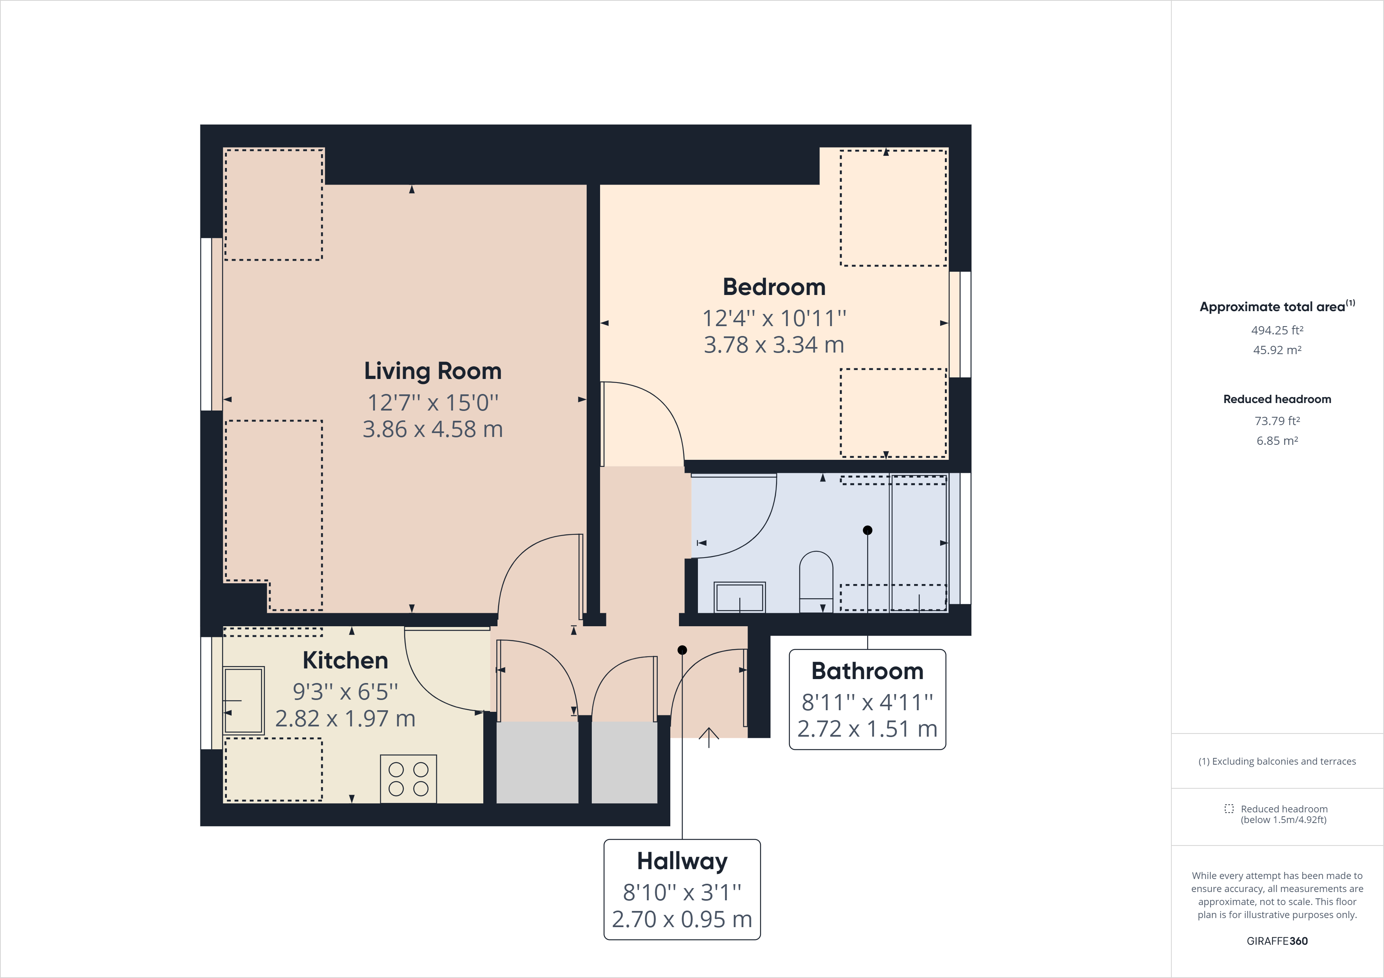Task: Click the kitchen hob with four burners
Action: tap(408, 778)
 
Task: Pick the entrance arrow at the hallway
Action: tap(709, 736)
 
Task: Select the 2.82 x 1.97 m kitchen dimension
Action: tap(345, 718)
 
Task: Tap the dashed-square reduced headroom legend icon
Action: tap(1229, 809)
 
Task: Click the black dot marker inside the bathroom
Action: tap(868, 530)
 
